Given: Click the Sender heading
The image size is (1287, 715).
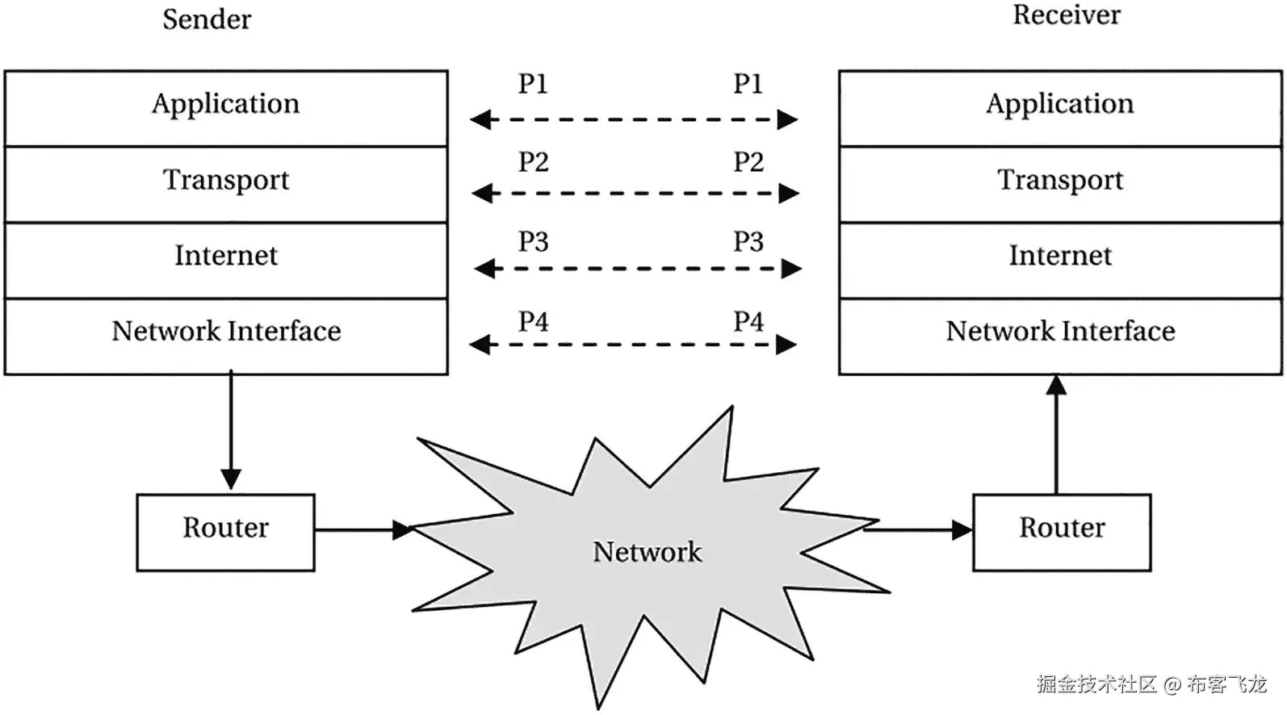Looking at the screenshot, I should (x=207, y=19).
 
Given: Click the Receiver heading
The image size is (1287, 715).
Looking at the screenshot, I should (x=1066, y=15).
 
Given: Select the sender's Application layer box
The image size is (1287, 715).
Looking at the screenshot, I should (x=226, y=107).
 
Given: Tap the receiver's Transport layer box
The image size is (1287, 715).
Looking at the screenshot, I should (x=1060, y=183).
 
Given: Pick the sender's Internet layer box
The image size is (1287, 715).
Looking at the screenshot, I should (x=226, y=260).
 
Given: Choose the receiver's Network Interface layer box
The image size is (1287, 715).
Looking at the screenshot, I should (x=1060, y=336).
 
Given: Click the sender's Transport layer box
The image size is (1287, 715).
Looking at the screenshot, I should (x=226, y=183).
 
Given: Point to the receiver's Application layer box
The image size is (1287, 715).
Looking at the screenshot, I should (x=1060, y=107).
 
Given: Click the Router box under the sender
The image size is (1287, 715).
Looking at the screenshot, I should (x=225, y=532).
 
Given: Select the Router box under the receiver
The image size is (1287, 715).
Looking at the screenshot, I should (x=1061, y=532).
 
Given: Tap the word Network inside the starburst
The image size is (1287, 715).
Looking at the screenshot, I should (x=647, y=552).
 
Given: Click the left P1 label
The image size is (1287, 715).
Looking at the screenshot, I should (x=533, y=84).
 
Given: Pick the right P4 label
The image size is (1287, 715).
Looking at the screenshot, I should (x=748, y=322).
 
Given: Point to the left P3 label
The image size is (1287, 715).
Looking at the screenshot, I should (x=533, y=242).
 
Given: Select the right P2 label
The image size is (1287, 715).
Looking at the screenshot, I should (x=748, y=162).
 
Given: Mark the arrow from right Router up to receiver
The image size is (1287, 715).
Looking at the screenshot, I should (x=1056, y=436).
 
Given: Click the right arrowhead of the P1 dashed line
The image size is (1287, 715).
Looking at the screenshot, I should (x=787, y=120).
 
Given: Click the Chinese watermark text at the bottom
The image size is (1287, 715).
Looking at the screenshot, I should (x=1151, y=684).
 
